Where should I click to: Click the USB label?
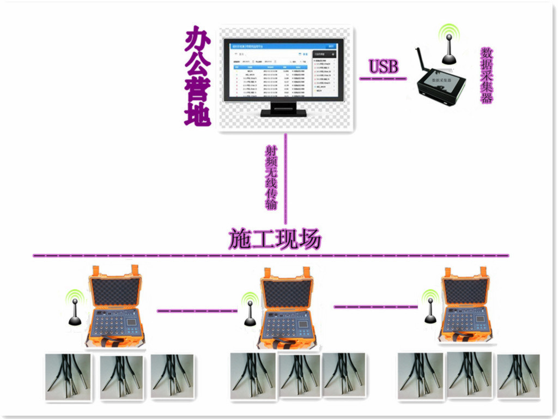pyautogui.click(x=384, y=67)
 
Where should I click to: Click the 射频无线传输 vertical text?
pyautogui.click(x=271, y=177)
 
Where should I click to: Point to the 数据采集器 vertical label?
pyautogui.click(x=487, y=75)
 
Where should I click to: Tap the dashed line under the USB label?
pyautogui.click(x=383, y=79)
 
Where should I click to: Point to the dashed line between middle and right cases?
pyautogui.click(x=376, y=307)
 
